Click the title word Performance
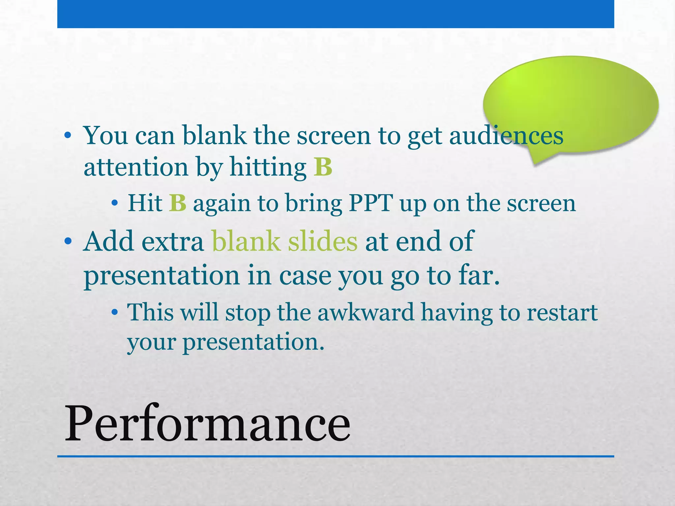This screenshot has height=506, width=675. pyautogui.click(x=207, y=423)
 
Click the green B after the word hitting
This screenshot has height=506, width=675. pyautogui.click(x=323, y=167)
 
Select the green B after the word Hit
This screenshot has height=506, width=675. pyautogui.click(x=178, y=203)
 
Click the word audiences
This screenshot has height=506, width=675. pyautogui.click(x=506, y=135)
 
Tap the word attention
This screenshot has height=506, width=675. pyautogui.click(x=136, y=167)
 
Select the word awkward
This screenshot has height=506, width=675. pyautogui.click(x=366, y=312)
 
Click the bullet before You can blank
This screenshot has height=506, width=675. pyautogui.click(x=68, y=135)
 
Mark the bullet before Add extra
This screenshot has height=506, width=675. pyautogui.click(x=68, y=241)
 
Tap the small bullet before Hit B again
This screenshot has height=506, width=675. pyautogui.click(x=114, y=203)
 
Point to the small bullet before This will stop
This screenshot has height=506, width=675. pyautogui.click(x=114, y=312)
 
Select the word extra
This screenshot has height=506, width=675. pyautogui.click(x=173, y=241)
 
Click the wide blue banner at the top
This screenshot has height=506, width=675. pyautogui.click(x=336, y=14)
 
